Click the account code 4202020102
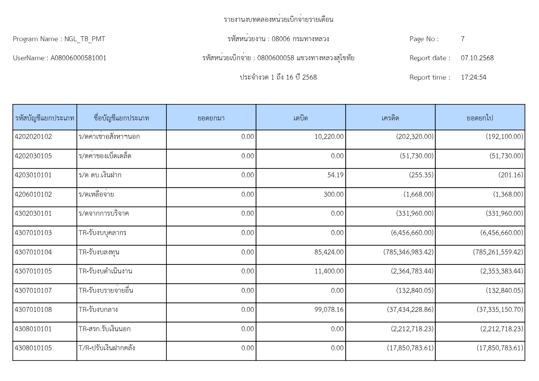click(33, 137)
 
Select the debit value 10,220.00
click(329, 137)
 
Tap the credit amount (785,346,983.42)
click(408, 252)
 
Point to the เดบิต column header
click(301, 118)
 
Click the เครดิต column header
click(390, 118)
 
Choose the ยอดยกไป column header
click(480, 118)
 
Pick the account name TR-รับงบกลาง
click(98, 310)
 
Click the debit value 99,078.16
click(329, 310)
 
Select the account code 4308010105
click(33, 348)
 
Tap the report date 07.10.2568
click(477, 58)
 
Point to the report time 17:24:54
click(474, 77)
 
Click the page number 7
click(463, 39)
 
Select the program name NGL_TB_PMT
click(85, 39)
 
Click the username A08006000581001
click(79, 58)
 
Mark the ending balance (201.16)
click(511, 175)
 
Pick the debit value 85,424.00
click(329, 252)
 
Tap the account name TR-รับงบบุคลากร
click(103, 233)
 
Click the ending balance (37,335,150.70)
click(500, 310)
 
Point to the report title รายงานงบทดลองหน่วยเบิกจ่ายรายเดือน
click(278, 20)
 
